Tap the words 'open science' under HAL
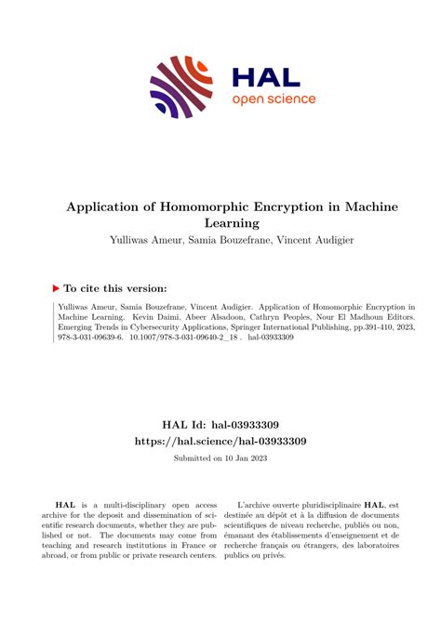(274, 99)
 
